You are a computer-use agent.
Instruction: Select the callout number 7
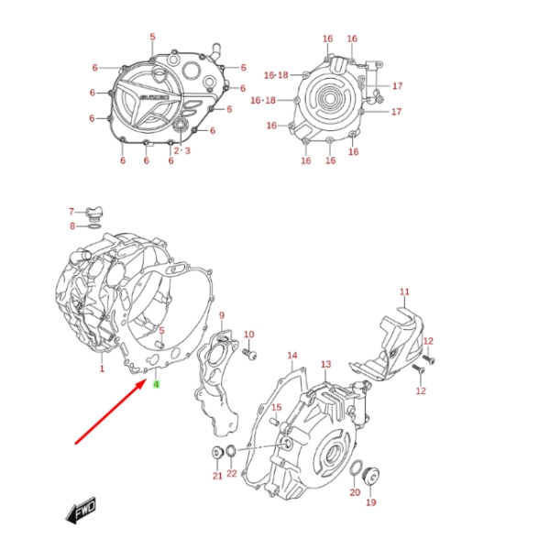point(71,212)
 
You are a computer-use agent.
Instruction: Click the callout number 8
point(71,225)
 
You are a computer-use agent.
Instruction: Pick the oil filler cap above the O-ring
point(93,212)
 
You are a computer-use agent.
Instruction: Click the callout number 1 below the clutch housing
point(102,369)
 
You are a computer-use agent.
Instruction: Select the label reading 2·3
point(181,150)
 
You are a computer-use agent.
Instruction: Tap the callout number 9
point(221,316)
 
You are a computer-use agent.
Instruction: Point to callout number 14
point(292,355)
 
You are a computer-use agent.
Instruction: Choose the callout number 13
point(325,365)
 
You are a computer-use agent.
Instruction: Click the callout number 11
point(404,292)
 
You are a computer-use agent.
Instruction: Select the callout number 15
point(275,407)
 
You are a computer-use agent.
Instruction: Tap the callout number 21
point(217,476)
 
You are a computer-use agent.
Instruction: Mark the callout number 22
point(232,474)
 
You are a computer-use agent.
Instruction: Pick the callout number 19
point(371,502)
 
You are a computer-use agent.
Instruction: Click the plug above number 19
point(372,478)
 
